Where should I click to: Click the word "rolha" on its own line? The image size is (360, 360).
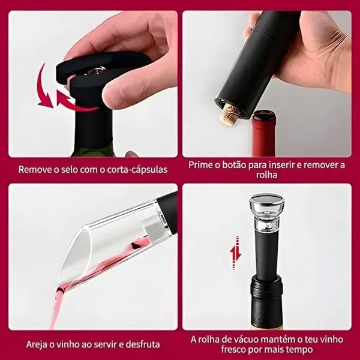pyautogui.click(x=267, y=175)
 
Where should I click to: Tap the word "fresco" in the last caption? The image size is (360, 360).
pyautogui.click(x=233, y=350)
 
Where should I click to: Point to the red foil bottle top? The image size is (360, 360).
pyautogui.click(x=264, y=133)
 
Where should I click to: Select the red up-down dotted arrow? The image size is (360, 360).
pyautogui.click(x=236, y=253)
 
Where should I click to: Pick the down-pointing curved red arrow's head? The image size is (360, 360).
pyautogui.click(x=46, y=100)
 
